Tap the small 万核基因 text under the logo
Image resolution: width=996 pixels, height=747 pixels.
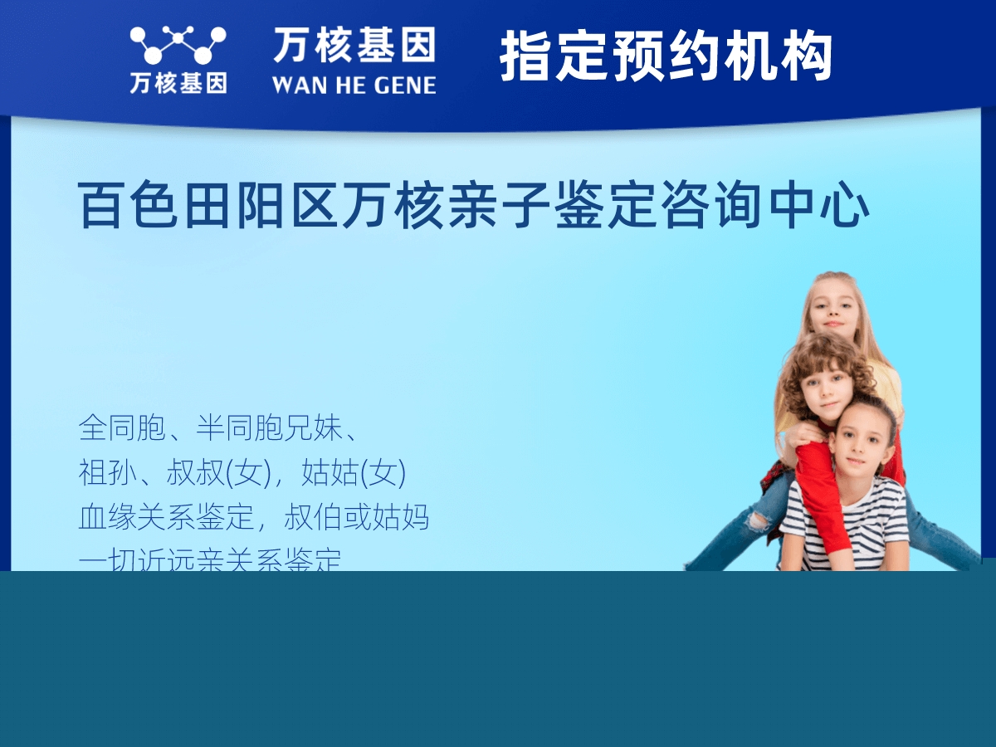click(178, 83)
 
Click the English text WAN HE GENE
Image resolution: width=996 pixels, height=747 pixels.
click(354, 85)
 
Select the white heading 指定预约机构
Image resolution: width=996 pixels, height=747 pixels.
click(666, 56)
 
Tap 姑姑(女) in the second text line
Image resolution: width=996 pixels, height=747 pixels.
click(353, 473)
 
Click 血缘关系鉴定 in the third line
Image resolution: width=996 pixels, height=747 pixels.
click(165, 518)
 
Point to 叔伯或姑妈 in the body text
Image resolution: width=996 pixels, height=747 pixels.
click(357, 518)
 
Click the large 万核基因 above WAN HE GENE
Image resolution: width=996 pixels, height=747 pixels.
click(354, 46)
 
